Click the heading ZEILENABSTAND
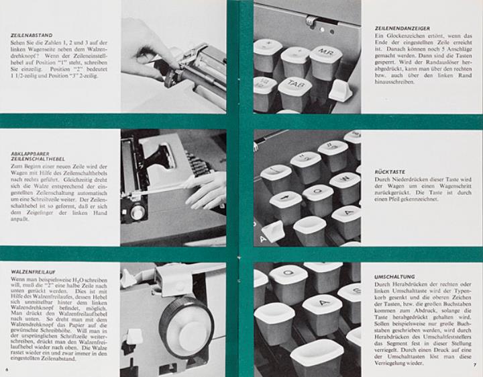tap(32, 35)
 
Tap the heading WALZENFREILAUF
tap(33, 272)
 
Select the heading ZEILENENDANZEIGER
tap(402, 28)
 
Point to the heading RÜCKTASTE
tap(390, 172)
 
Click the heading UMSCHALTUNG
tap(394, 277)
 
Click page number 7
tap(475, 366)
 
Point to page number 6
tap(7, 370)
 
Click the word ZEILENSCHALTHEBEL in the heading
tap(38, 159)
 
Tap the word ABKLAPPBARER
tap(30, 153)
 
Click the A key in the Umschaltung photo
tap(322, 314)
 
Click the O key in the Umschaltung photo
tap(288, 281)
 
